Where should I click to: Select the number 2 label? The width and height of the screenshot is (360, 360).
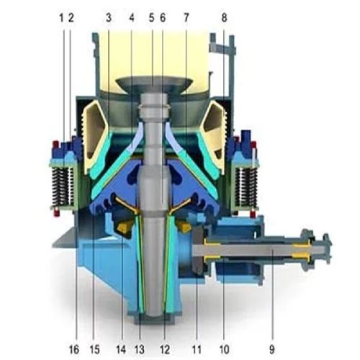tap(71, 16)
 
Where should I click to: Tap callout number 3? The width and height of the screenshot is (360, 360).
tap(108, 16)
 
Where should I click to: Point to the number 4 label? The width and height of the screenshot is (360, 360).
tap(132, 16)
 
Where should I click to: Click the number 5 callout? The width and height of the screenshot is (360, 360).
tap(152, 16)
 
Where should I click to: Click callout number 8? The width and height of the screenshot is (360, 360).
tap(224, 16)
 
